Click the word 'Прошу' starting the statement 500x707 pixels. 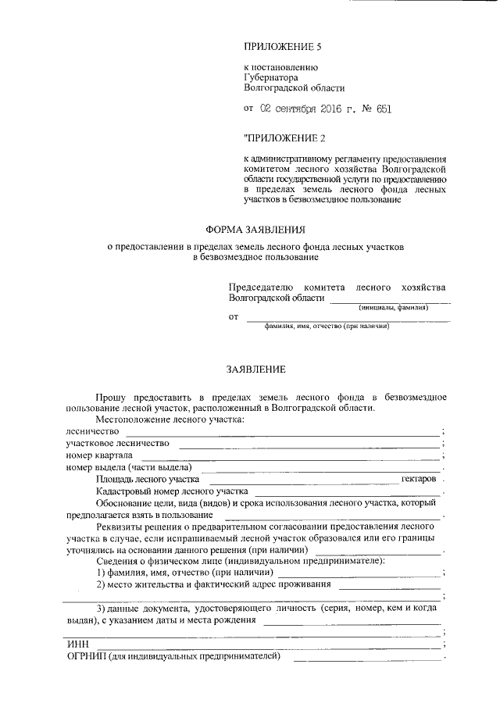coord(111,397)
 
